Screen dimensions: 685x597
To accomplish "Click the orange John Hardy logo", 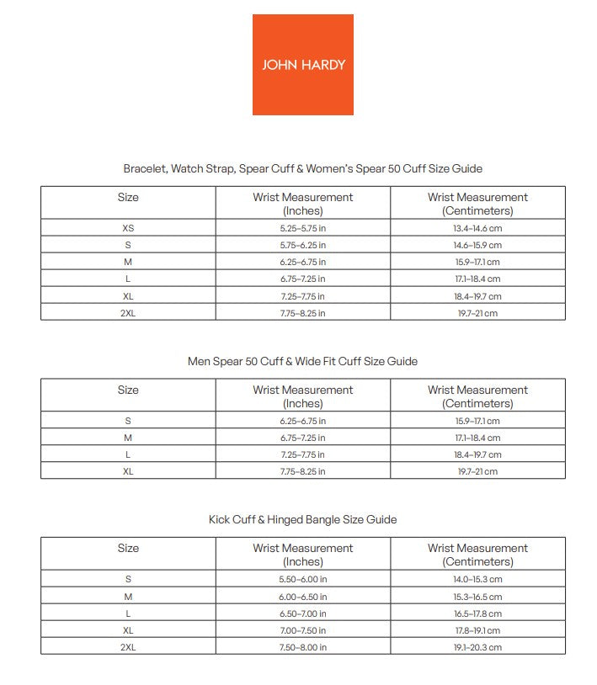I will click(x=303, y=65).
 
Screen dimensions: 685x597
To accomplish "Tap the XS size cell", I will click(x=128, y=228).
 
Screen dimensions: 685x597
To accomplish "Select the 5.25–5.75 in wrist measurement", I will click(x=303, y=228).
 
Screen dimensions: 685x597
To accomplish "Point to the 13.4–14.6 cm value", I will click(x=477, y=228).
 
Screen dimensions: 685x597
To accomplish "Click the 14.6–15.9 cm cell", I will click(x=477, y=245).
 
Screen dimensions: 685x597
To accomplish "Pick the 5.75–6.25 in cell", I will click(x=303, y=245).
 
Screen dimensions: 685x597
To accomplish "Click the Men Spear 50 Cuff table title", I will click(x=302, y=361).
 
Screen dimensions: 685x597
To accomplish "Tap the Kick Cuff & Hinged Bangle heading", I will click(x=302, y=519).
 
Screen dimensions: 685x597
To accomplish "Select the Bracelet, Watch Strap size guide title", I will click(x=302, y=168).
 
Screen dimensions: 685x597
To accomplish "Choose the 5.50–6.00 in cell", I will click(x=303, y=579).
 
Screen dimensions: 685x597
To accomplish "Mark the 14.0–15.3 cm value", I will click(x=477, y=579).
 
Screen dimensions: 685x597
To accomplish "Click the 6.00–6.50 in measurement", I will click(x=303, y=596).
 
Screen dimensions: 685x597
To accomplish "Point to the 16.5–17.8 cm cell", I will click(x=477, y=613).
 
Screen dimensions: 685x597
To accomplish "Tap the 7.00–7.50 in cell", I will click(x=303, y=630).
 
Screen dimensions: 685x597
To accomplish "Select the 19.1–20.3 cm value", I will click(x=477, y=647).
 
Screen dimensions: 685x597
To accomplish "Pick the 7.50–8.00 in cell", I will click(x=303, y=647).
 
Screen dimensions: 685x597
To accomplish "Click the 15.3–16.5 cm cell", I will click(x=477, y=596).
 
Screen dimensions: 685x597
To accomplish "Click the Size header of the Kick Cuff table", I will click(x=128, y=548).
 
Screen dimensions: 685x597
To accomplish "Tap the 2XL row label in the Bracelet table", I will click(x=128, y=313).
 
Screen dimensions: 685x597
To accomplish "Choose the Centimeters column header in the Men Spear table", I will click(x=477, y=396).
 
